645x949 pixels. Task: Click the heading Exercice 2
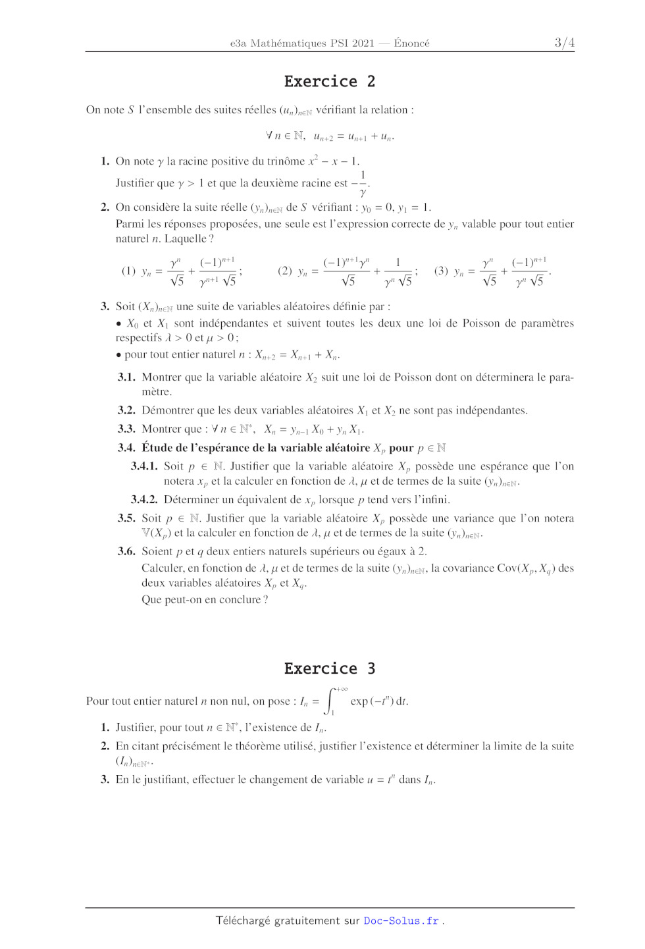pos(329,82)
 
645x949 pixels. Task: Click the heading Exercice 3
pos(329,668)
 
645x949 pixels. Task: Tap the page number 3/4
pos(564,43)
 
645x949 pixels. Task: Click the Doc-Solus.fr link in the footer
pos(401,921)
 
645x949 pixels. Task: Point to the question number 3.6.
pos(126,551)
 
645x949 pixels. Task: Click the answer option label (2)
pos(284,271)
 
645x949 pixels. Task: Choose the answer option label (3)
pos(441,271)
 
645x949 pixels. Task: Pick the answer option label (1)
pos(128,271)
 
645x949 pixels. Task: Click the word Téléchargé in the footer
pos(243,921)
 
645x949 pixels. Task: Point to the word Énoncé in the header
pos(411,43)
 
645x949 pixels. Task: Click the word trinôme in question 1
pos(284,161)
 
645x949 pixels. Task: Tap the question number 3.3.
pos(126,429)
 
